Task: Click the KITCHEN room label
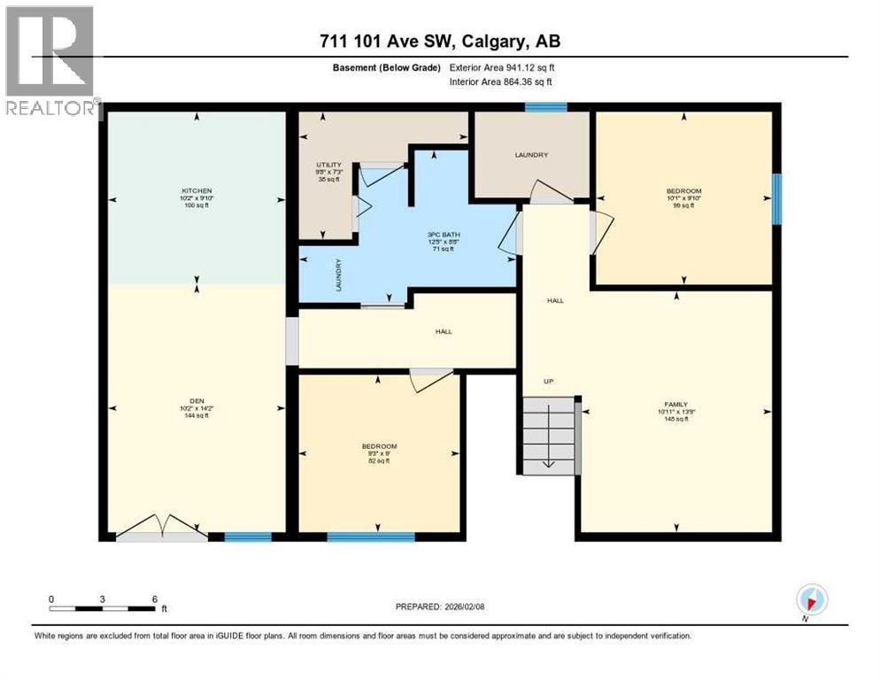(197, 190)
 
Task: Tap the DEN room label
(197, 400)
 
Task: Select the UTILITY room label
(329, 165)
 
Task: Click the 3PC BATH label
(440, 235)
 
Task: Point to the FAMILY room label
(677, 404)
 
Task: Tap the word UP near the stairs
(549, 381)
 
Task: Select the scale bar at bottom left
(103, 608)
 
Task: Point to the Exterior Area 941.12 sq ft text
(502, 67)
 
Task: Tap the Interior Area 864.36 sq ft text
(501, 82)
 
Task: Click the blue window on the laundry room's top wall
(545, 107)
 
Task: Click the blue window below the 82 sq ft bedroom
(371, 537)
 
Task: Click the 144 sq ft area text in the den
(197, 415)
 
